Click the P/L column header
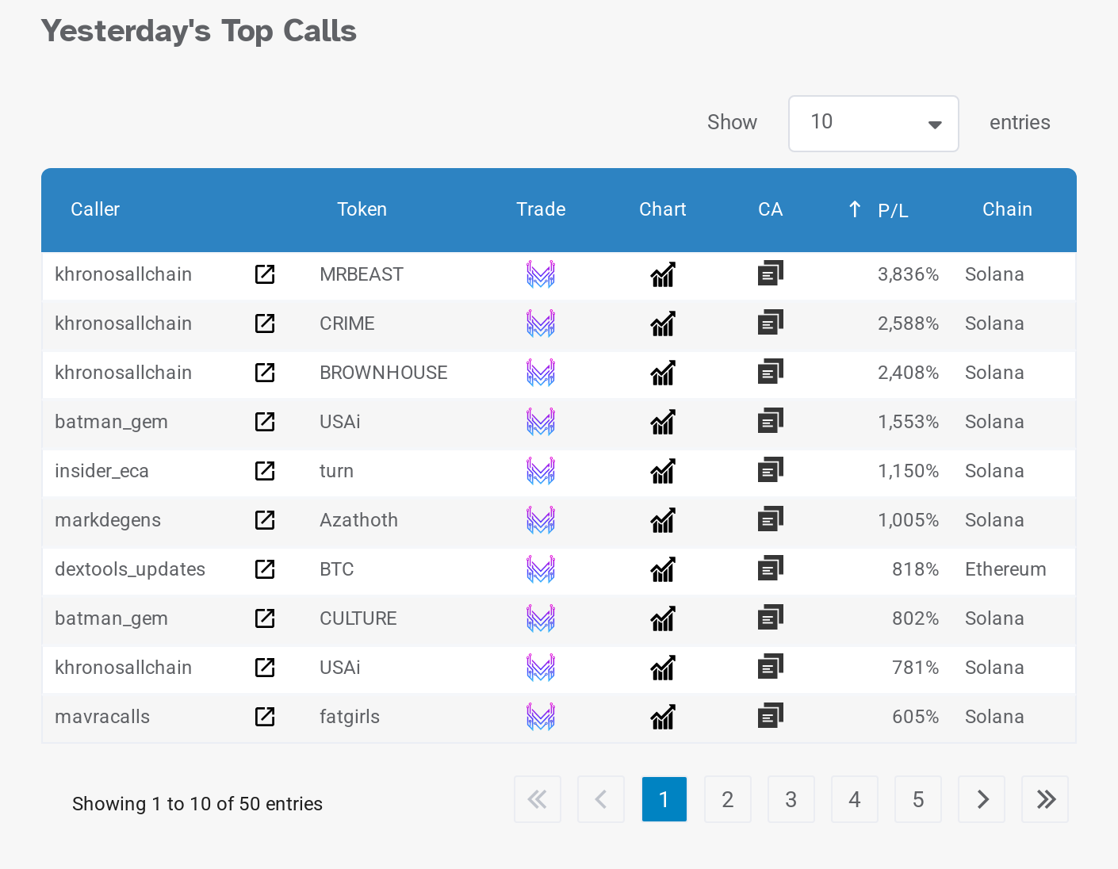pos(892,210)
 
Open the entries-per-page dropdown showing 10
pos(873,123)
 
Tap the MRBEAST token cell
pos(362,274)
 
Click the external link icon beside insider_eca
pos(265,471)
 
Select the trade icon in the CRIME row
pos(541,323)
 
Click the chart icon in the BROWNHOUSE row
pos(663,373)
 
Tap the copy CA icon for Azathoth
pos(770,520)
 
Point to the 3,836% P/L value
pos(908,274)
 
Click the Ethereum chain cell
pos(1005,569)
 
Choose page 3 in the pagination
pos(791,799)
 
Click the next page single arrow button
pos(982,799)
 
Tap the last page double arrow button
pos(1045,799)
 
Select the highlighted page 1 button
pos(664,799)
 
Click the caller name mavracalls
pos(102,717)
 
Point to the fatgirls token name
pos(350,717)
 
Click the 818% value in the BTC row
pos(915,569)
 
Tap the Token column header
pos(362,209)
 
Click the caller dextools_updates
pos(130,569)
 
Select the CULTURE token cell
pos(358,618)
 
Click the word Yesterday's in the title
pos(125,32)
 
